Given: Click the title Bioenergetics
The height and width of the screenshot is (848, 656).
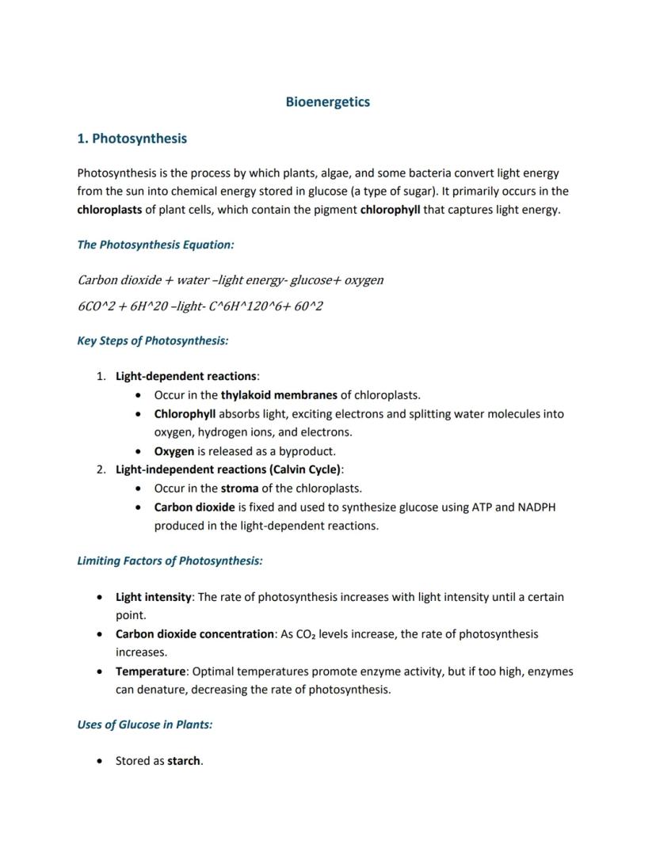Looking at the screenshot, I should [327, 102].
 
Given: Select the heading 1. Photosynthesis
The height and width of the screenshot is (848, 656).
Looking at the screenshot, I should [132, 139].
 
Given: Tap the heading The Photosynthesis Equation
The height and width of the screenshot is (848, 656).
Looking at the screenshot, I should [155, 245].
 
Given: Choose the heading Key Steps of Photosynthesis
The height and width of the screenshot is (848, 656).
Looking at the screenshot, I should [152, 341].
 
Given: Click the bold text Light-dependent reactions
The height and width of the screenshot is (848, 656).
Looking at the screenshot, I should [185, 376].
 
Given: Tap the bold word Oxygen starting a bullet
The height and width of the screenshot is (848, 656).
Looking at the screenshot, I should [174, 451].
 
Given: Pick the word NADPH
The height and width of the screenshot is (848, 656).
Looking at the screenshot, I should [536, 507].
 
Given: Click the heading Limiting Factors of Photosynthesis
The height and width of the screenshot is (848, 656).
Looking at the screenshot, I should [170, 561].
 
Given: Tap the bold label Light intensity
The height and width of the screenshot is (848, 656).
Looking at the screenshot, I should [153, 597].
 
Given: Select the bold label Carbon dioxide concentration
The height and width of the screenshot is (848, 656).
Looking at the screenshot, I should [194, 634].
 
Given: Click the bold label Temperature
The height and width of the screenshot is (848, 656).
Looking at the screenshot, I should [151, 671].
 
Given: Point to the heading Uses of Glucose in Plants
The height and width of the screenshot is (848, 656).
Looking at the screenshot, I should [144, 724].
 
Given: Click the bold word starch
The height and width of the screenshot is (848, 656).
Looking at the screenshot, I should [184, 761].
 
